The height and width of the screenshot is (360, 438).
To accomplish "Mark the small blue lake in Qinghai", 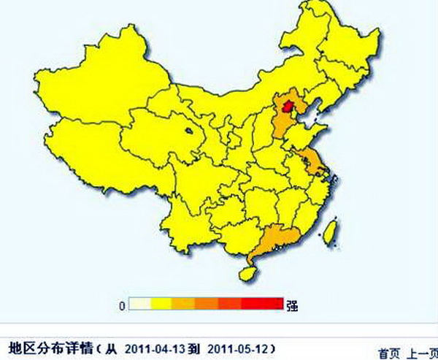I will tap(189, 133).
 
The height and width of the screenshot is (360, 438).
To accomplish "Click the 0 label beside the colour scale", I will tap(122, 305).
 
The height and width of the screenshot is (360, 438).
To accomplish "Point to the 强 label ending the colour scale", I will tap(291, 305).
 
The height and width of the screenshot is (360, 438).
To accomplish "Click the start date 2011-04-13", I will tap(156, 346).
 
